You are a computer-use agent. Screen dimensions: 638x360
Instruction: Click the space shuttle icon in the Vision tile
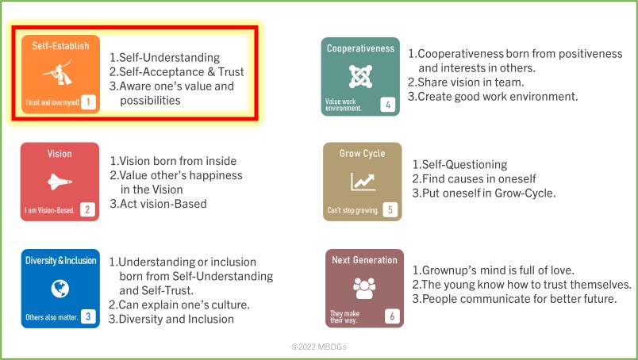60,182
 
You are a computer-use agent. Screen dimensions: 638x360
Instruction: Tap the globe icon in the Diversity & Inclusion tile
60,289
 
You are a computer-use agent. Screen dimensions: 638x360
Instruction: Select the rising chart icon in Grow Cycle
363,182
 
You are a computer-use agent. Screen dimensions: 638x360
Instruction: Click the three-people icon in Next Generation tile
364,289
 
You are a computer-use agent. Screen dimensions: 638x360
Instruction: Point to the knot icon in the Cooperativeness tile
360,76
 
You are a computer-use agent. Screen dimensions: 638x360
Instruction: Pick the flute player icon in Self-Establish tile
58,72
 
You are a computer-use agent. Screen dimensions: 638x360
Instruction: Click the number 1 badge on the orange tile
88,101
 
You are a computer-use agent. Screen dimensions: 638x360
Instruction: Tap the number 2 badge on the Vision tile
87,209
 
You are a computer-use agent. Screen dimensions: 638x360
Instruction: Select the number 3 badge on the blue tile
88,316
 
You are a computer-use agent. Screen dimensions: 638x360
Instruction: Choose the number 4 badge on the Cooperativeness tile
388,105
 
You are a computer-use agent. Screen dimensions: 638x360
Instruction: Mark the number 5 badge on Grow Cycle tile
390,209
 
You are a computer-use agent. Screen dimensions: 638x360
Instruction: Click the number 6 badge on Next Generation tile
392,316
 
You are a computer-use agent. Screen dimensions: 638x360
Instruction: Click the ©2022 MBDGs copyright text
318,347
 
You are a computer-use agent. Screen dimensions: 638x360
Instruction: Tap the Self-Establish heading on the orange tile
60,46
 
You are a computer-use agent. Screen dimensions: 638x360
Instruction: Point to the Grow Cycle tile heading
362,153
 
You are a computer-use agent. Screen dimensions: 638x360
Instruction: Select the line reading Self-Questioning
459,165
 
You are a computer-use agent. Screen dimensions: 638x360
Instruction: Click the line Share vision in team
466,82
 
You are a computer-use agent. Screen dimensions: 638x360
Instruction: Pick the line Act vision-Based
158,204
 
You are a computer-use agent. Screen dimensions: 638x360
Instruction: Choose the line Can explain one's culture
179,304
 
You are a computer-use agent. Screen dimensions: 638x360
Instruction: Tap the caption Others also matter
52,317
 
